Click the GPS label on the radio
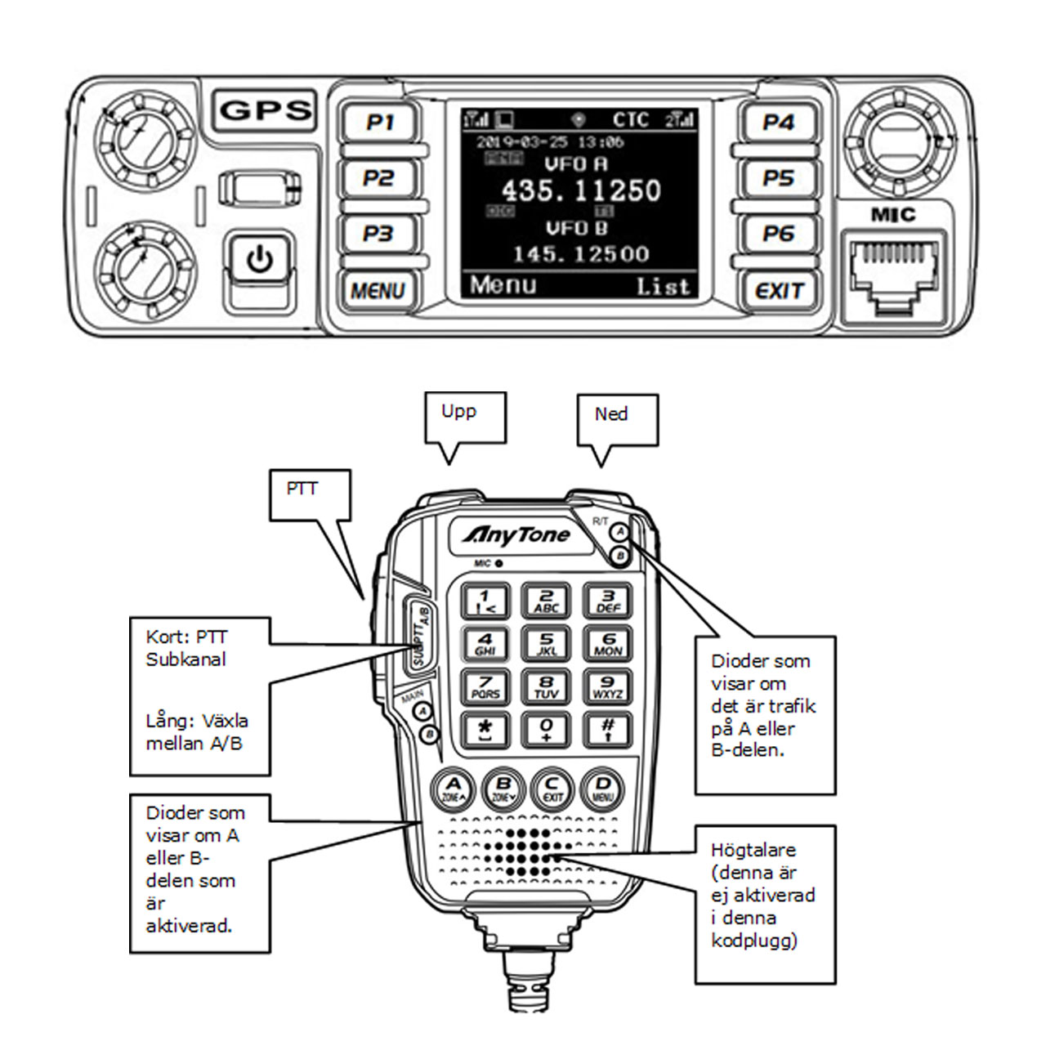pos(266,110)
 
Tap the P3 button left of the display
pos(378,234)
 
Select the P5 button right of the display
pos(778,178)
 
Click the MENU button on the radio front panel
pos(378,290)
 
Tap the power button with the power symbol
pos(260,261)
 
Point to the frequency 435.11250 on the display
pos(580,190)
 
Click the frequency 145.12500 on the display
pos(580,254)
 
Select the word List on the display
pos(664,287)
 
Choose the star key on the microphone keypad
pos(485,728)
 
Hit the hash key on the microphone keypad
pos(608,728)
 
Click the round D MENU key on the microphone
pos(602,790)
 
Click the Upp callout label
pos(458,411)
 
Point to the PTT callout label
pos(302,489)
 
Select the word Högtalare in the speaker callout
pos(753,850)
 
